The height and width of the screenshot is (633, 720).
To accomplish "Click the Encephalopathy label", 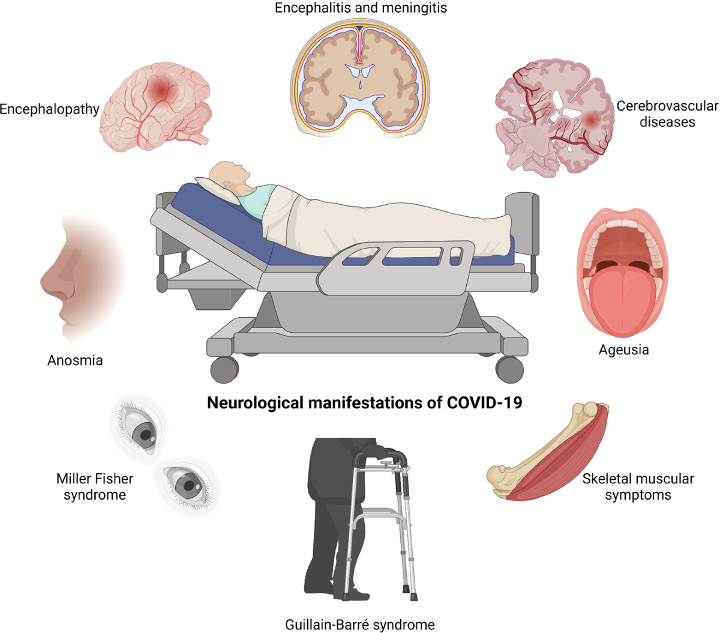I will (x=49, y=109).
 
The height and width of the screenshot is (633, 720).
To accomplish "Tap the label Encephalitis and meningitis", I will (x=361, y=8).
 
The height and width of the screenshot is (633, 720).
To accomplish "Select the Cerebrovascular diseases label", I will (x=667, y=114).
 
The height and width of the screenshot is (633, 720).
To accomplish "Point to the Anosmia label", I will (x=75, y=360).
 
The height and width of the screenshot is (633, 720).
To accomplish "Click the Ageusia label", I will (x=623, y=349).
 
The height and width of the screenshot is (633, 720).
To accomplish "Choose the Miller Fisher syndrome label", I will (x=95, y=486).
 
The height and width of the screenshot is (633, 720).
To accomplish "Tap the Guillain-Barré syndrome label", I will (x=360, y=625).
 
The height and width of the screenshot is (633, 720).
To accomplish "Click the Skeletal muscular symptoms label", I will (x=638, y=486).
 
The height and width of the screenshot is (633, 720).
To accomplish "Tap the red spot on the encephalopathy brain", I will (x=161, y=90).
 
